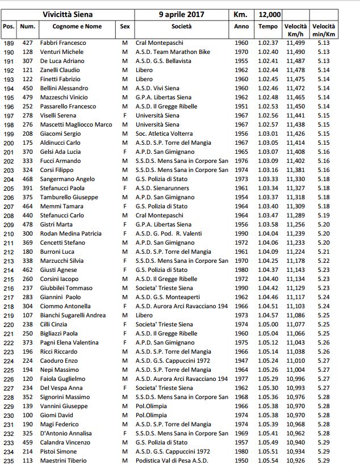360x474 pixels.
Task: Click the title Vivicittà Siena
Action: click(x=68, y=14)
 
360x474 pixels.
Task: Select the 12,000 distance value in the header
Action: click(x=267, y=14)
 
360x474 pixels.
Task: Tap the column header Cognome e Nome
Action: click(x=77, y=27)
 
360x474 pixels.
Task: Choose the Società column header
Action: click(x=182, y=27)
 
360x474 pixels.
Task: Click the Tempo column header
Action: click(x=268, y=27)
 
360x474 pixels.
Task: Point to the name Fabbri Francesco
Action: click(x=62, y=43)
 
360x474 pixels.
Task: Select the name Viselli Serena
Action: click(x=57, y=115)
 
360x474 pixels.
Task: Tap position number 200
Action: click(x=9, y=142)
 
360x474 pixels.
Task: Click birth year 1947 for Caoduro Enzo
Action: click(x=241, y=360)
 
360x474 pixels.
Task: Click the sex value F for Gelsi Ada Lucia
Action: click(x=124, y=152)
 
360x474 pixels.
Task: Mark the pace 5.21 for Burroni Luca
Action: click(x=324, y=251)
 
